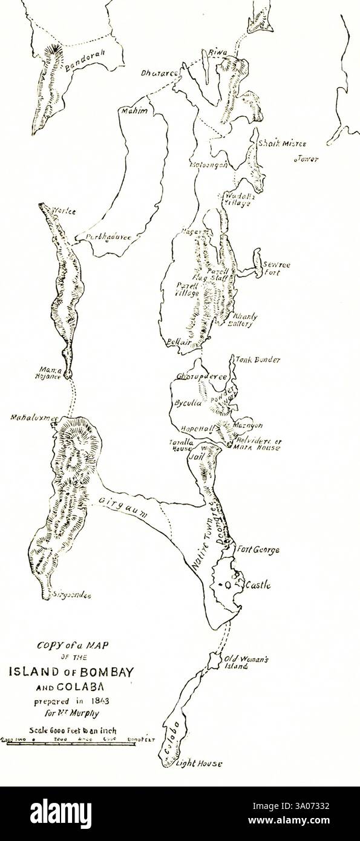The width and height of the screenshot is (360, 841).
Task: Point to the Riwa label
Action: (217, 54)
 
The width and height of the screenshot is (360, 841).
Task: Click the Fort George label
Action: (259, 551)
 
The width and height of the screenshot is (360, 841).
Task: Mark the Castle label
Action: (257, 586)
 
